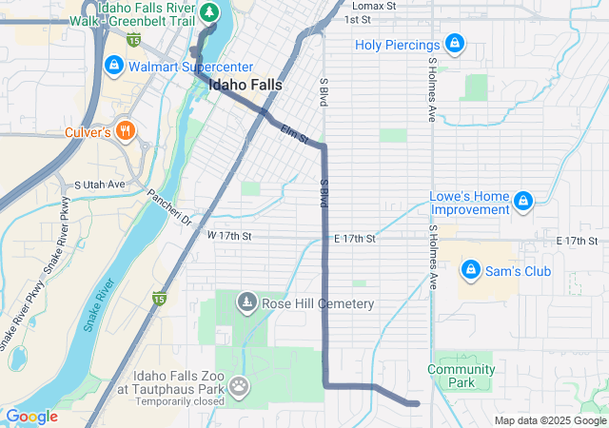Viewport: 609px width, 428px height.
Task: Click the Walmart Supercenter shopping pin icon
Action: (113, 66)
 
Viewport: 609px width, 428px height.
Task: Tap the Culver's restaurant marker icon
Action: (127, 130)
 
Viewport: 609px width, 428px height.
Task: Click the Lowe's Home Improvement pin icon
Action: (522, 201)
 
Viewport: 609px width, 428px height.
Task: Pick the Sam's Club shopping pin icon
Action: (470, 271)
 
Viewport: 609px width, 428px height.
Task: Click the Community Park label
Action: (461, 376)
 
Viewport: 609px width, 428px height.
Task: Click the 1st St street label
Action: (357, 19)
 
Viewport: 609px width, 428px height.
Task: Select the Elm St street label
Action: (295, 135)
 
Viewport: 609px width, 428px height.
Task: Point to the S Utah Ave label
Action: (100, 184)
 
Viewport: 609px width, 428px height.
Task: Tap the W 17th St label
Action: (229, 235)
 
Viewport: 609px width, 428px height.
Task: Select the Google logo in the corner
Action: (31, 417)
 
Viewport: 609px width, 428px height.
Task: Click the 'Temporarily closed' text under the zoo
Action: (180, 400)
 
